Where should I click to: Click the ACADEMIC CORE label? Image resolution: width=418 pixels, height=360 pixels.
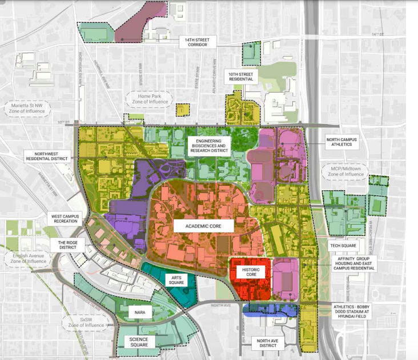coord(204,226)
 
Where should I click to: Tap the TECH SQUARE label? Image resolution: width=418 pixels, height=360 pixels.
coord(343,245)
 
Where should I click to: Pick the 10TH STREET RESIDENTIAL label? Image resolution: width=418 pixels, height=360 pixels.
coord(241,76)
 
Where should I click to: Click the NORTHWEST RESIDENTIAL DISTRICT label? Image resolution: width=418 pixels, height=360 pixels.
coord(46,156)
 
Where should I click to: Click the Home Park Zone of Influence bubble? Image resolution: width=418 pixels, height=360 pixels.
coord(147,101)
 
